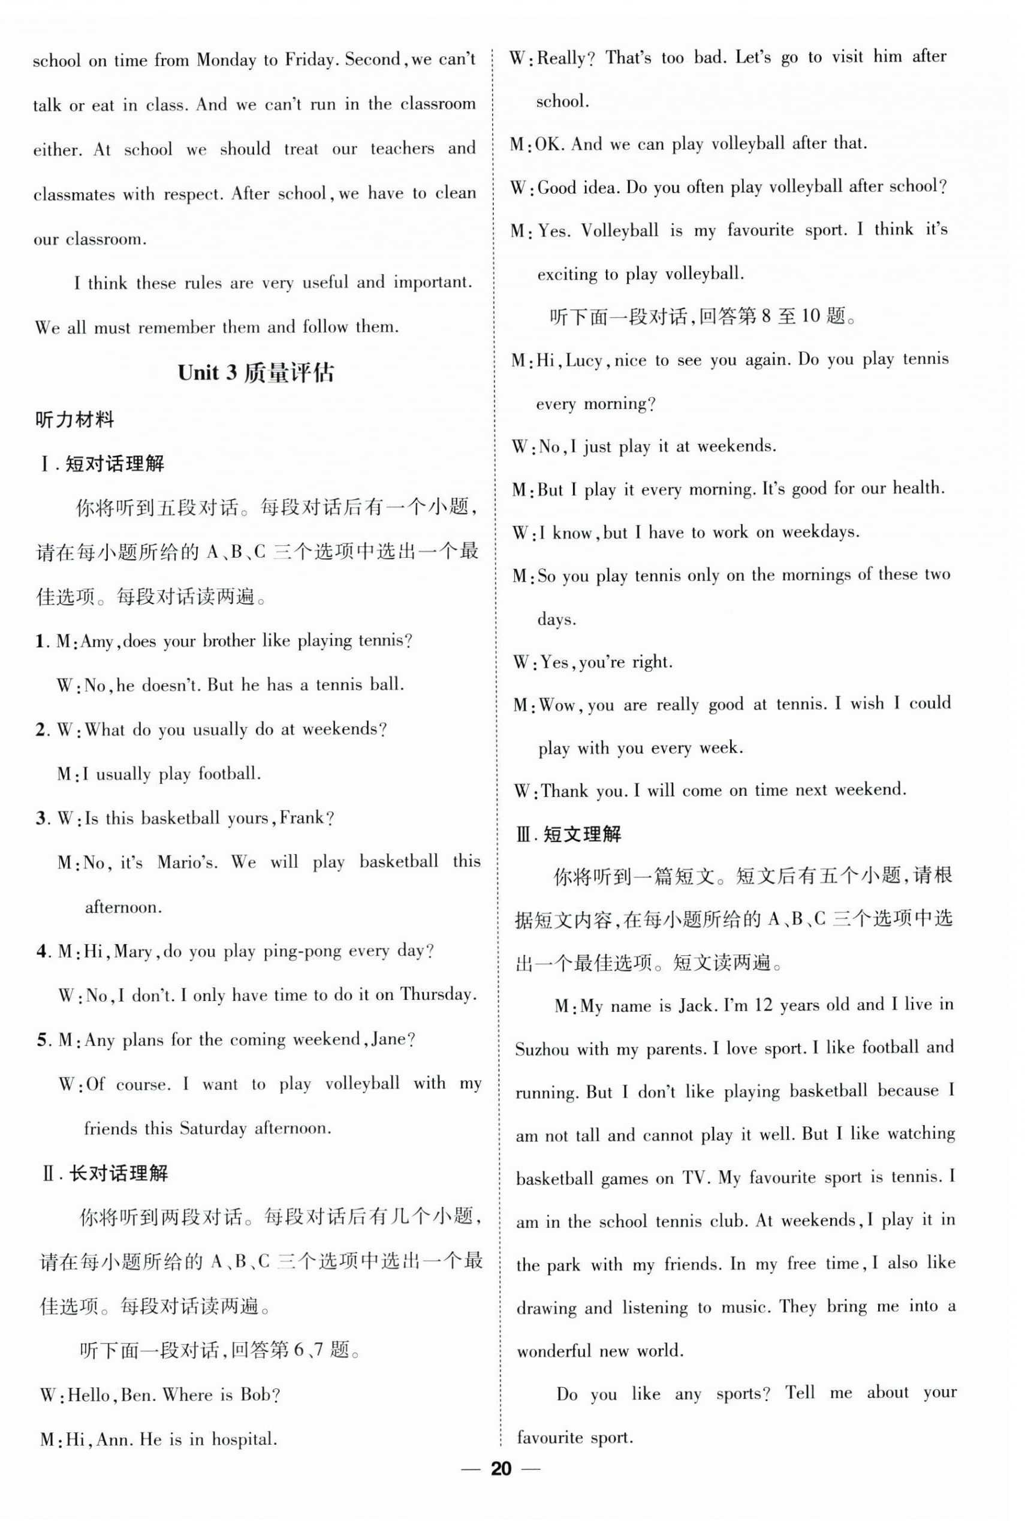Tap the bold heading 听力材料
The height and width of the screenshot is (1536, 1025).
point(74,419)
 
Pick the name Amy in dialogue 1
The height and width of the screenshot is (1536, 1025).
point(97,642)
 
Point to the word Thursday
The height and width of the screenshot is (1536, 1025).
point(436,994)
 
